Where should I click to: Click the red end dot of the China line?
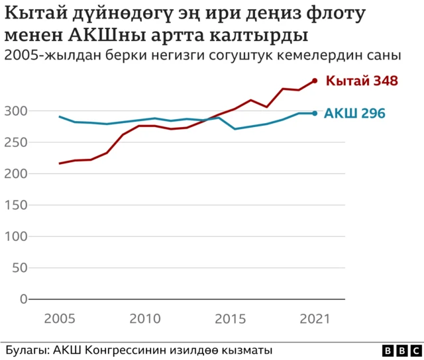click(315, 81)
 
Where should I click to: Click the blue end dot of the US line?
click(315, 113)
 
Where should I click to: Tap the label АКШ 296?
click(354, 113)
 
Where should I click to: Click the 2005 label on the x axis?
click(60, 318)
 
